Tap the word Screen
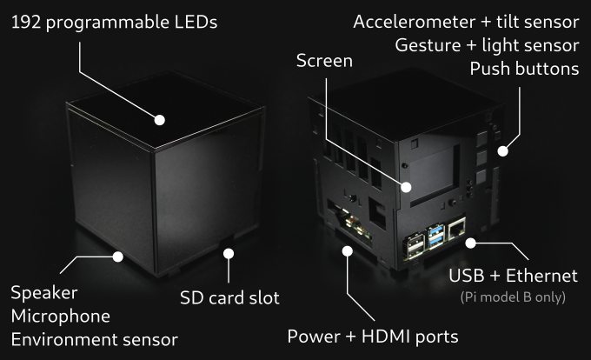[x=324, y=61]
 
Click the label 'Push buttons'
[x=524, y=68]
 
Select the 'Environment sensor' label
[x=95, y=339]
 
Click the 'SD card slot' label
[x=229, y=298]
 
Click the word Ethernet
[x=540, y=277]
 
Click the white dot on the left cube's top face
[x=161, y=120]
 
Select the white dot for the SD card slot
[x=229, y=254]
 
